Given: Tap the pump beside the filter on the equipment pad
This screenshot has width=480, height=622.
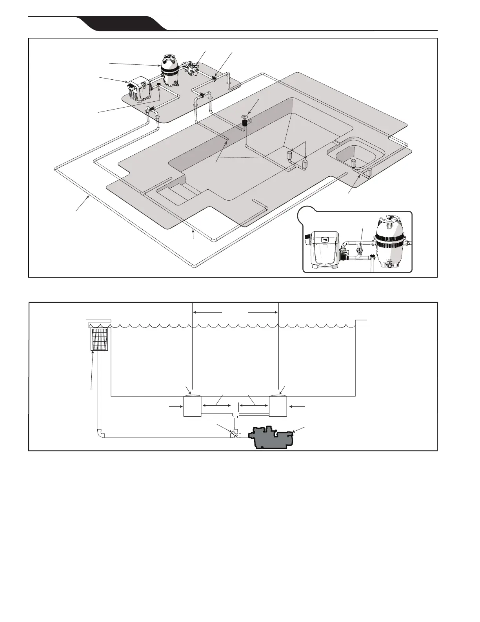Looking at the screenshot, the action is [192, 69].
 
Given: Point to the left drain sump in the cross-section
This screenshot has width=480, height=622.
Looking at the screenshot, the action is [192, 406].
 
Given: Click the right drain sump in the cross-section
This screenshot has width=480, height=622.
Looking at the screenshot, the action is [278, 406].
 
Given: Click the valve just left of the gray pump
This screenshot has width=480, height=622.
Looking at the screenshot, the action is [234, 435].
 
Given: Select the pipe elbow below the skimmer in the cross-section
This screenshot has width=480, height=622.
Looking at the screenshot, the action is [101, 434].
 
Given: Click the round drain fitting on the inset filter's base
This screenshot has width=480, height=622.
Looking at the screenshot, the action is [390, 265].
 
